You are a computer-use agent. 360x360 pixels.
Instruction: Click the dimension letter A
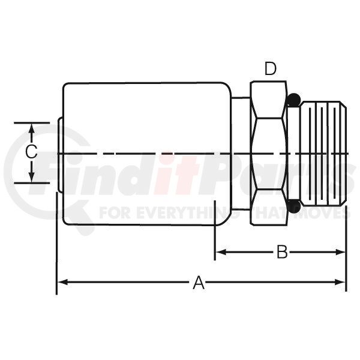(x=199, y=283)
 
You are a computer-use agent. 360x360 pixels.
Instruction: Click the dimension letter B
(x=282, y=252)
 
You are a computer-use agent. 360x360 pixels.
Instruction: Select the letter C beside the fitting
(x=31, y=152)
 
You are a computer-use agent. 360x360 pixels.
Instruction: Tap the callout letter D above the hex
(x=271, y=68)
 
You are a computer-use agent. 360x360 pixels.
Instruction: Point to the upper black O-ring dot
(x=294, y=100)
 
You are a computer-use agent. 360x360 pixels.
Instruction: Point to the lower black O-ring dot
(x=294, y=206)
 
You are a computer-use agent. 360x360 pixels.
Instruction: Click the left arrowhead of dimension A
(x=62, y=282)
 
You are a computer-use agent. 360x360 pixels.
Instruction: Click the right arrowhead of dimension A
(x=340, y=282)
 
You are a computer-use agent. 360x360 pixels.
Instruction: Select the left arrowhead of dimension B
(x=221, y=252)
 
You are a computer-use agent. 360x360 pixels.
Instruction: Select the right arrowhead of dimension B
(x=340, y=252)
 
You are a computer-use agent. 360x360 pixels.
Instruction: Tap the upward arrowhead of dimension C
(x=32, y=128)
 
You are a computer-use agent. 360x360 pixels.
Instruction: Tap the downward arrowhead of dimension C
(x=32, y=177)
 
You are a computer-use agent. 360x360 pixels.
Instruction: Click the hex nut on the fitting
(x=269, y=153)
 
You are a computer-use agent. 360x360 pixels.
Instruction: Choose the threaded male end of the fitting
(x=323, y=153)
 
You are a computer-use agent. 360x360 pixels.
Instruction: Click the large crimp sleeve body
(x=147, y=153)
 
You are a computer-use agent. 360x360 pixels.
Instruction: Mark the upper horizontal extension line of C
(x=32, y=123)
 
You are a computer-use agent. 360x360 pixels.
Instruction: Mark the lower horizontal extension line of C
(x=32, y=183)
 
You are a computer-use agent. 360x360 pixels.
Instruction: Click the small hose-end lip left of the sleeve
(x=60, y=155)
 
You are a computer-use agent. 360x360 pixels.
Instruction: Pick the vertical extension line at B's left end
(x=215, y=230)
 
